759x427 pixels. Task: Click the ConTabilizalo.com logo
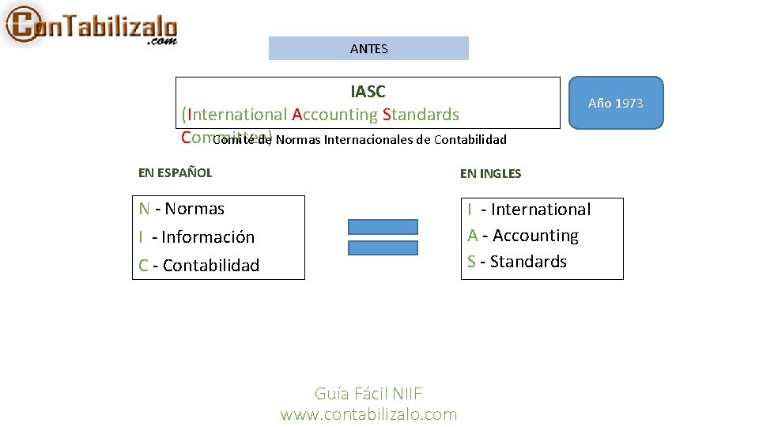[90, 25]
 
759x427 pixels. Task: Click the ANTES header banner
[368, 48]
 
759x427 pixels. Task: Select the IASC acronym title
[368, 92]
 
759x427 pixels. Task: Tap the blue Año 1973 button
[615, 103]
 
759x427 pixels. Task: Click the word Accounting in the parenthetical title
[335, 115]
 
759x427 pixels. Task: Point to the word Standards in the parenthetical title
[421, 115]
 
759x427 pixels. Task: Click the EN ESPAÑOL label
[175, 172]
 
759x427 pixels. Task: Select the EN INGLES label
[490, 173]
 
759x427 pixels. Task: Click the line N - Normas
[182, 209]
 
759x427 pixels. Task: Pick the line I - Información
[197, 237]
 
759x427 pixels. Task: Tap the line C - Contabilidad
[199, 266]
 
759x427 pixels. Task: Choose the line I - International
[529, 210]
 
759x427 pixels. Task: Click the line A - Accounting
[523, 236]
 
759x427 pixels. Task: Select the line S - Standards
[517, 262]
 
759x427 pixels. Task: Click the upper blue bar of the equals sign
[383, 226]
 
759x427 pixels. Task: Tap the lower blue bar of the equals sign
[383, 248]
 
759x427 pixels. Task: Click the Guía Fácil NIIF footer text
[368, 394]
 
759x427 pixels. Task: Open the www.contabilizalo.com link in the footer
[368, 414]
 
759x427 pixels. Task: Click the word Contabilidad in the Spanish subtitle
[470, 141]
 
